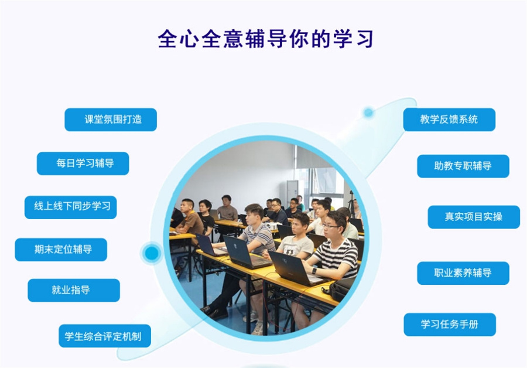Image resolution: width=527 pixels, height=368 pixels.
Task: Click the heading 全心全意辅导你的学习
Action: [265, 39]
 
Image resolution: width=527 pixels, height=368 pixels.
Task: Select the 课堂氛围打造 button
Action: [111, 120]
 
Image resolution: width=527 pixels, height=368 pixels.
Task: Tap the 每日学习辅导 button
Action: [83, 163]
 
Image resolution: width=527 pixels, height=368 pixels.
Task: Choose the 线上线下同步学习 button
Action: [71, 207]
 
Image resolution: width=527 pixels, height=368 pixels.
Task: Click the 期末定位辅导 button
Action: [61, 249]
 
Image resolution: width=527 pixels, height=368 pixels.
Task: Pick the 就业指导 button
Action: [74, 290]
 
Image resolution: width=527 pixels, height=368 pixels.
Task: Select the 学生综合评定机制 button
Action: [104, 336]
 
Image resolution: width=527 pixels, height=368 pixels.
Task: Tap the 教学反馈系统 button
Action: [449, 120]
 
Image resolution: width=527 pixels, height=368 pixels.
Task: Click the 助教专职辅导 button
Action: [463, 166]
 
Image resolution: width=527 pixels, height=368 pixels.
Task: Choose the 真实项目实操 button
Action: [473, 217]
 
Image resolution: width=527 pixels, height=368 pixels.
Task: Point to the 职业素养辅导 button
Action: [463, 273]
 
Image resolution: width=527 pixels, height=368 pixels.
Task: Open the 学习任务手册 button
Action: [450, 324]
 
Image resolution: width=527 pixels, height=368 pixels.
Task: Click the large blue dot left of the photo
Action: [152, 253]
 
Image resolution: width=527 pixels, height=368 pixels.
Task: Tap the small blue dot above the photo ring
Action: [368, 112]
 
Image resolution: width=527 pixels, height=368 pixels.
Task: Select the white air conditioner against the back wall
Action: [291, 192]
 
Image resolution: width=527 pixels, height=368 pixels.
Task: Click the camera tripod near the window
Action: [351, 202]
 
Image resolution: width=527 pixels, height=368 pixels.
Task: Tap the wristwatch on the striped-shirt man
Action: [315, 271]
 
